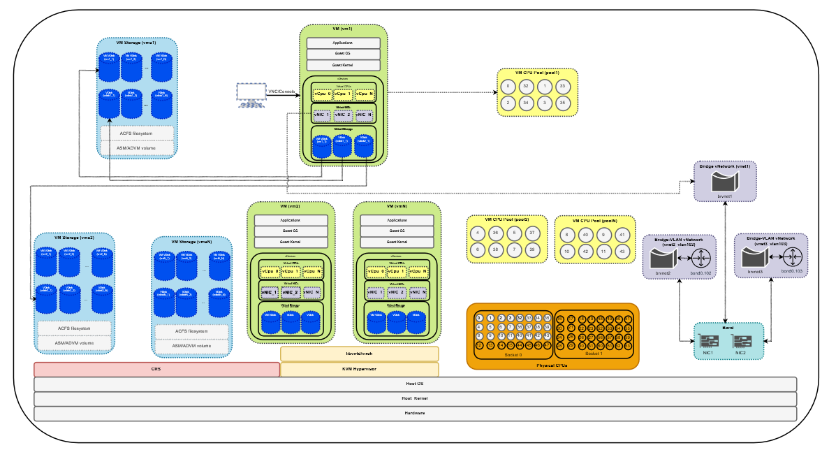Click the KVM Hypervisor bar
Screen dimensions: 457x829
coord(359,369)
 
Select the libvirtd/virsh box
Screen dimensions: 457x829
coord(359,354)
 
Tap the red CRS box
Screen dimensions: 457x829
coord(156,369)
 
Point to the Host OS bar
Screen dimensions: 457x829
coord(415,384)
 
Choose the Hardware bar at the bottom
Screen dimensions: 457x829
coord(415,413)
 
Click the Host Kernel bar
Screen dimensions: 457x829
coord(415,398)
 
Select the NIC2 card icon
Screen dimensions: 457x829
coord(740,342)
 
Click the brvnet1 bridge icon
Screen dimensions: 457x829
coord(724,183)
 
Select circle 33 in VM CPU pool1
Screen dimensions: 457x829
coord(562,86)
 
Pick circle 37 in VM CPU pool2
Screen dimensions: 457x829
coord(533,233)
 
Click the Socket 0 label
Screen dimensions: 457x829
coord(513,354)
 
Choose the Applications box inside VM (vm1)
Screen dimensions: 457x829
coord(344,43)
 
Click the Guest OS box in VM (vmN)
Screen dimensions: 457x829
coord(397,231)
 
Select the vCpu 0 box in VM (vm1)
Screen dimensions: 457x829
coord(323,94)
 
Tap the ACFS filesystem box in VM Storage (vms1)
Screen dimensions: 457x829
coord(137,133)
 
